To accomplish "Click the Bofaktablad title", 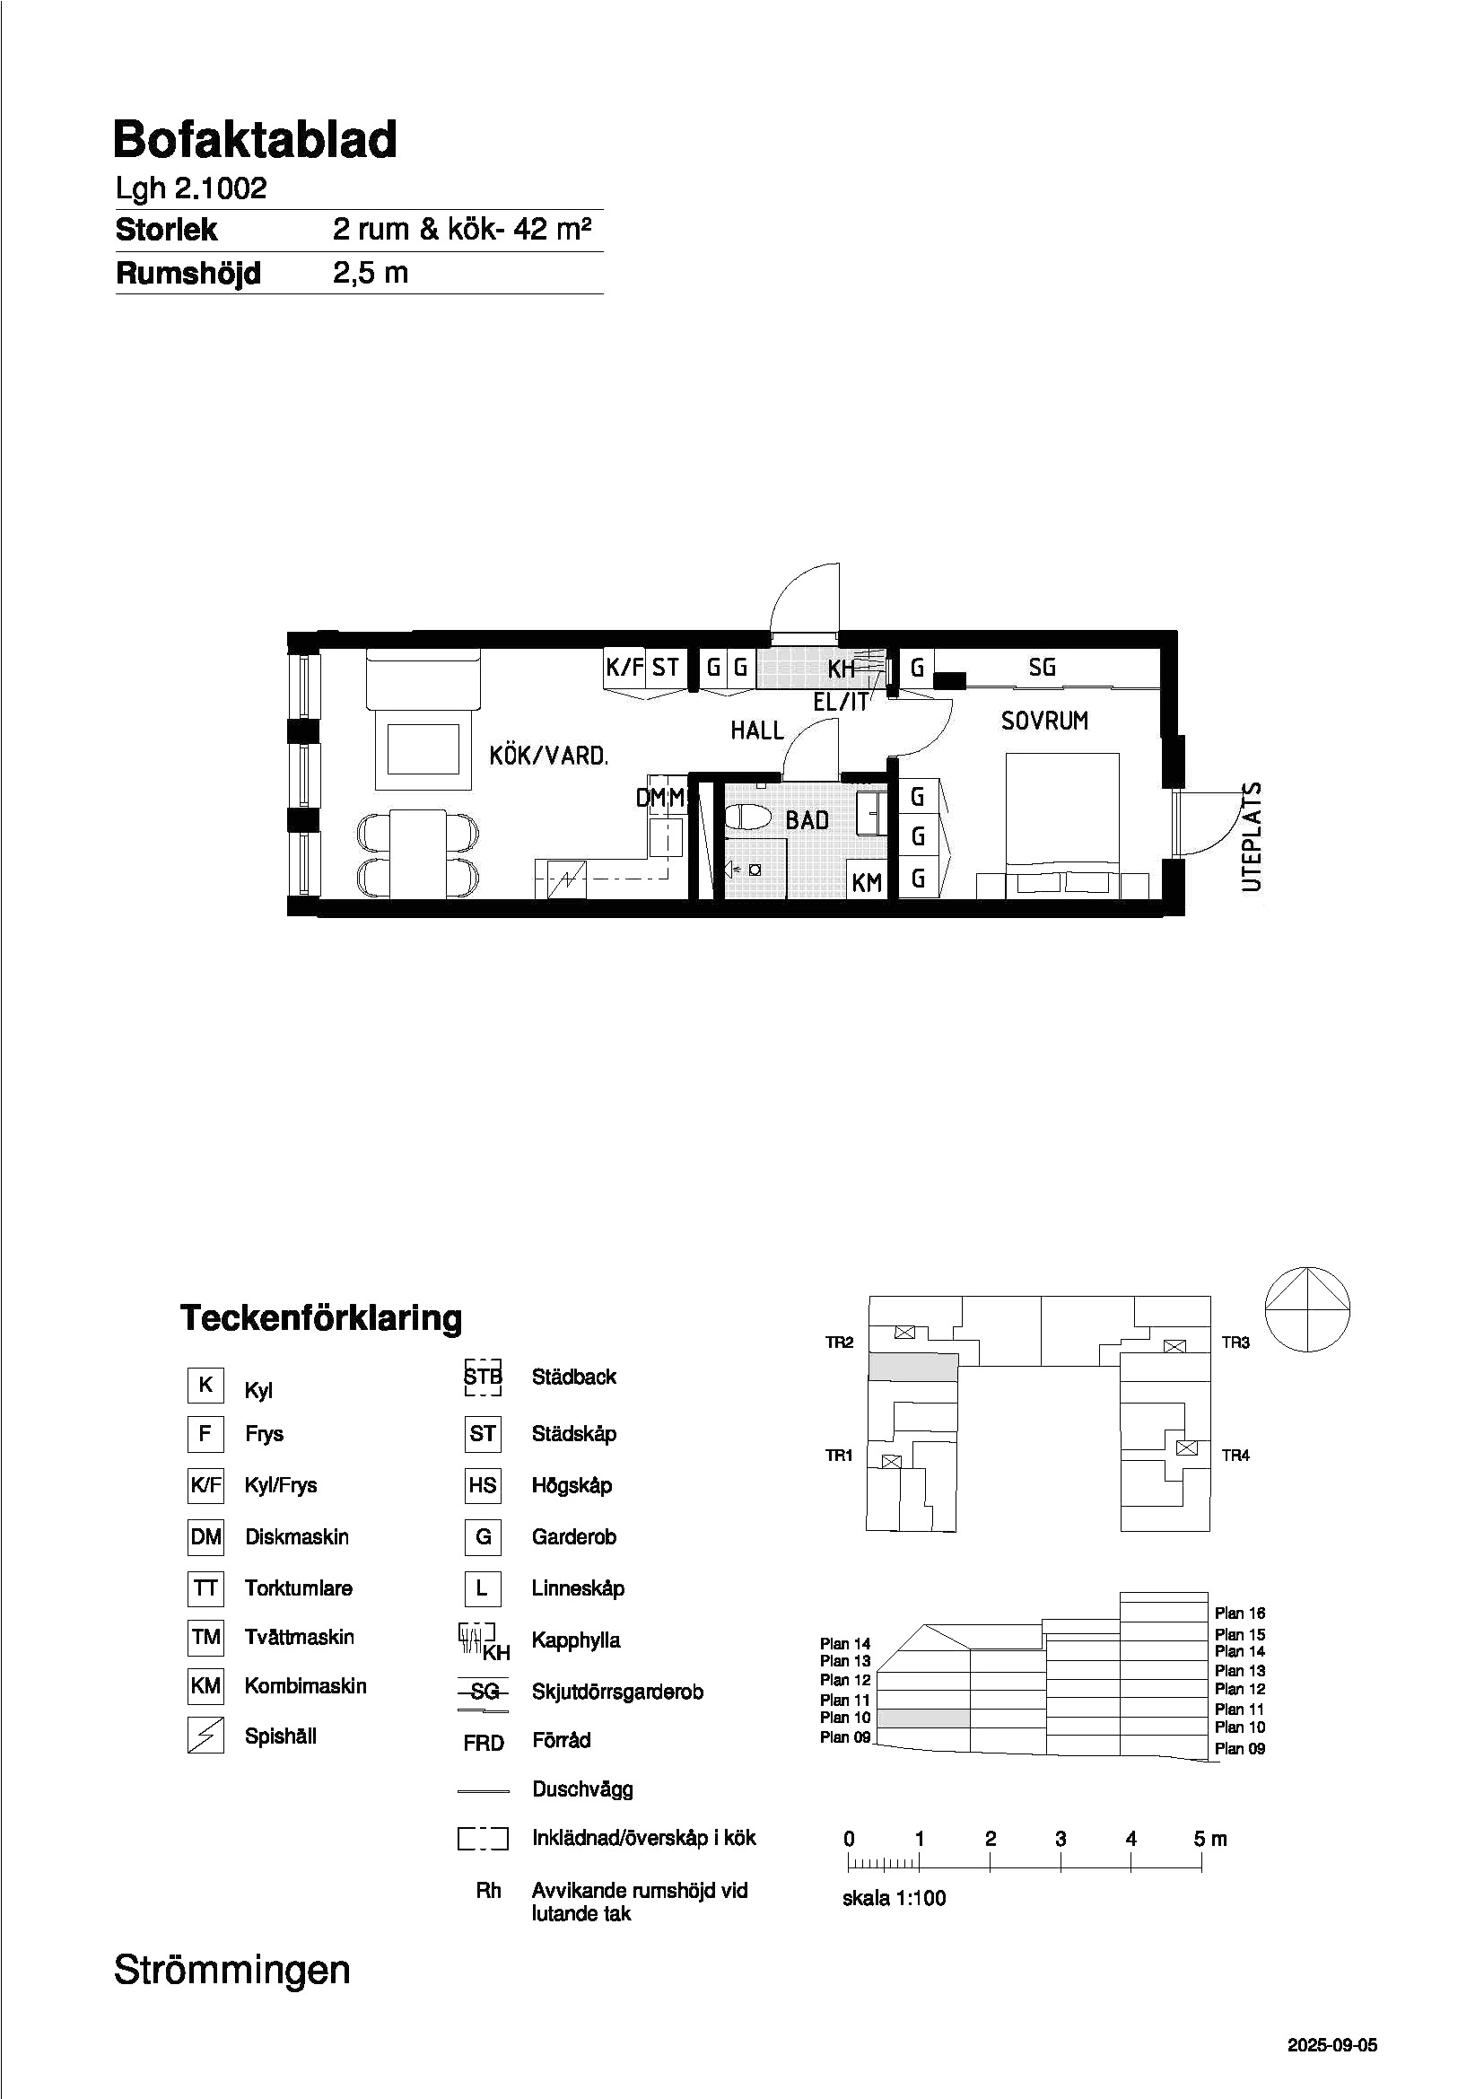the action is (x=255, y=141).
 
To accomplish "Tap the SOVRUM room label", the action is (x=1044, y=722).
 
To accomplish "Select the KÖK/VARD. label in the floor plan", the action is (x=548, y=756).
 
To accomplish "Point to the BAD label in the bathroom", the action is (x=807, y=820).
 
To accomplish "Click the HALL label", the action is (x=756, y=730).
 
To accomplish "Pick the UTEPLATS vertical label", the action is (x=1251, y=836).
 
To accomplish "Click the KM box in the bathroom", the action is (x=867, y=880).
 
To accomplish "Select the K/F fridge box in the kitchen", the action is (x=625, y=668).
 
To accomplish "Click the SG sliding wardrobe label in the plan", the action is (x=1042, y=668).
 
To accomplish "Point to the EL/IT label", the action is (x=841, y=702).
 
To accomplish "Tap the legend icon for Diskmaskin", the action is (x=205, y=1536).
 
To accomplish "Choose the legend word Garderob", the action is (x=574, y=1536).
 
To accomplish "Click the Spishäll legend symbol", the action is (x=205, y=1735).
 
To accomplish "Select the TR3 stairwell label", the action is (x=1235, y=1343).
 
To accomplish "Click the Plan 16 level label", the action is (x=1240, y=1613).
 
